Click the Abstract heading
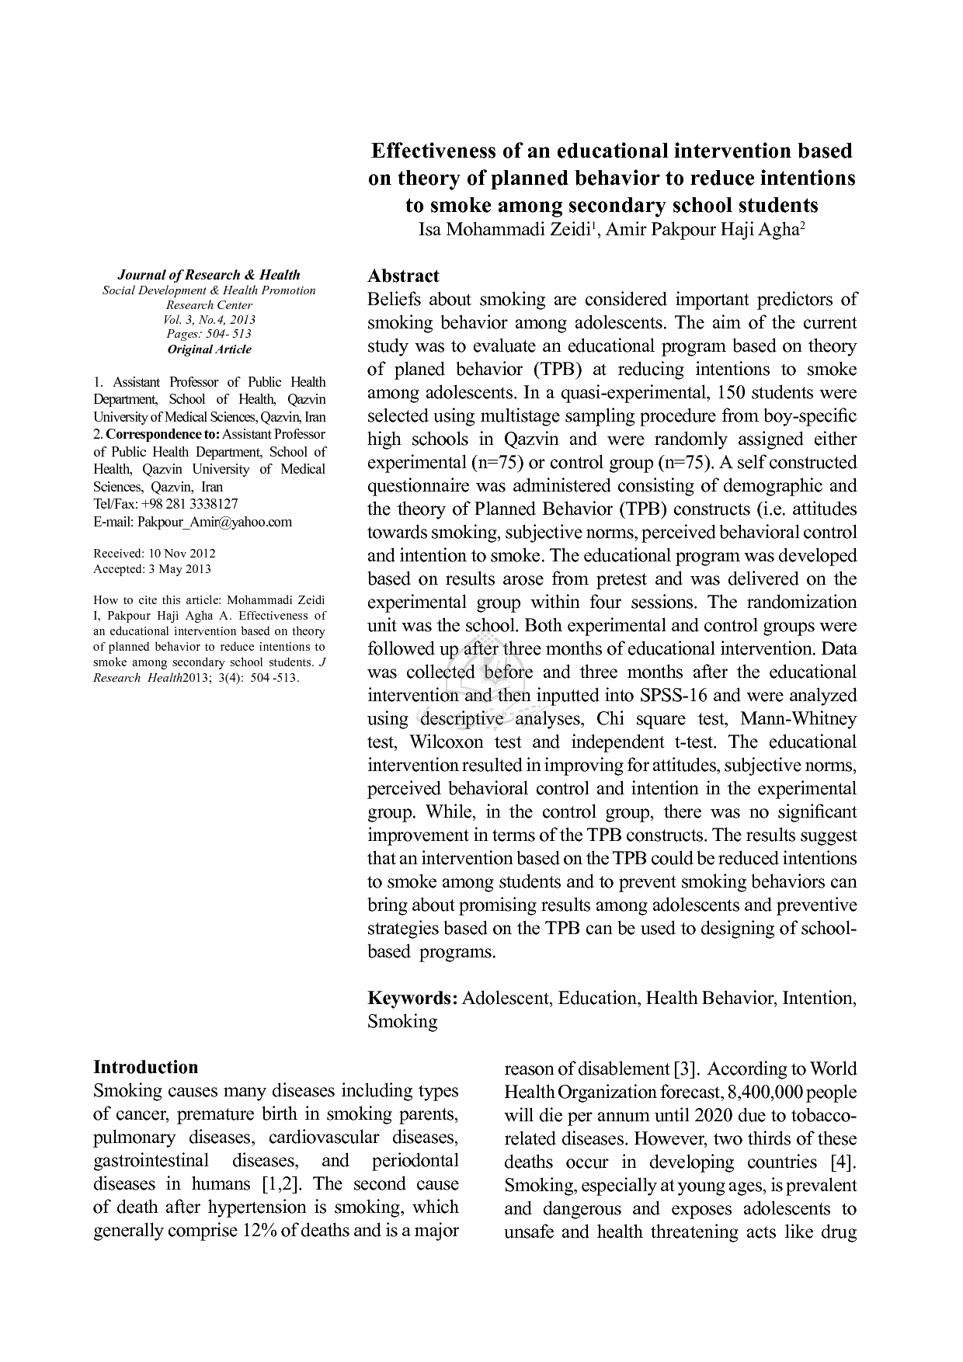(403, 276)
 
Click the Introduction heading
(145, 1067)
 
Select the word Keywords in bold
(412, 998)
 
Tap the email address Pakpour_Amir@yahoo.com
(214, 522)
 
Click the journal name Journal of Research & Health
(209, 275)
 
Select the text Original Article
(209, 349)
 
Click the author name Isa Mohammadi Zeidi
(505, 231)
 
